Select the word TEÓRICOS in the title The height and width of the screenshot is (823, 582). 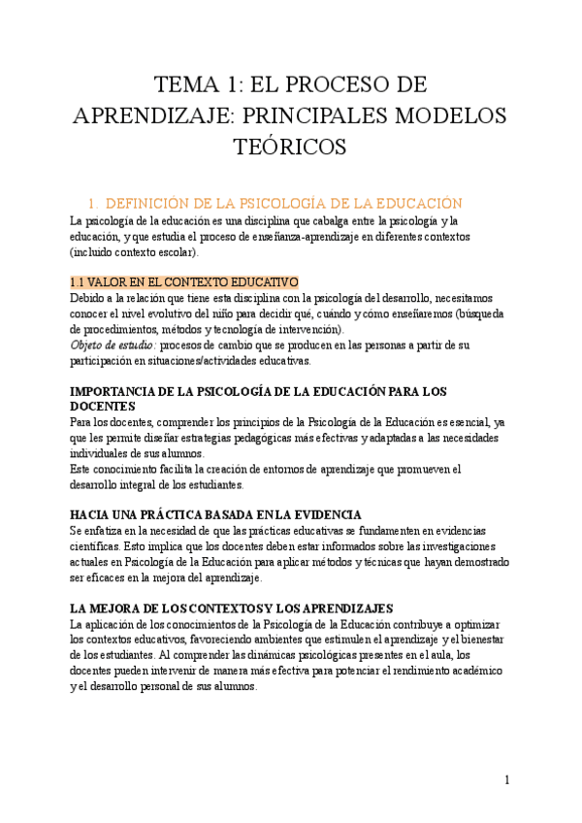291,147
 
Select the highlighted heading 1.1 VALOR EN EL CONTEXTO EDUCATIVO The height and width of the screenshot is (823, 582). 184,281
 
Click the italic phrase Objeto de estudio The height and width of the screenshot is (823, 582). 113,346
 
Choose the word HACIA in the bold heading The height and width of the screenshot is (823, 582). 94,514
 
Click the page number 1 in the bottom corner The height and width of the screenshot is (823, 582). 506,779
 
